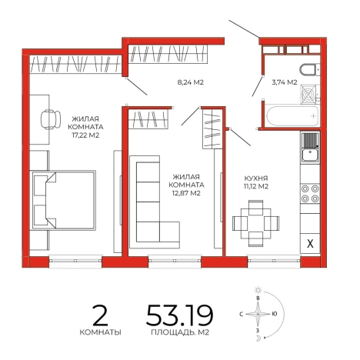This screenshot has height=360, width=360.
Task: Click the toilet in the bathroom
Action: coord(310,70)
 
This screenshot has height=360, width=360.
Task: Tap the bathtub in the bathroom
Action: coord(292,115)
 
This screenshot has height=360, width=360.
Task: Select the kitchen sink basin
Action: coord(310,155)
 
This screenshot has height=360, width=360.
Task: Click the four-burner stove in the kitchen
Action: coord(310,194)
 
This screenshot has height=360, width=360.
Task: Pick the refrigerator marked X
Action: coord(310,243)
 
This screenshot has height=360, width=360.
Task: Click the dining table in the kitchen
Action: coord(256,223)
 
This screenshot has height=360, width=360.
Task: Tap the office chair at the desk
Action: coord(51,119)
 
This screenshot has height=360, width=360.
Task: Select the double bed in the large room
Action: coord(64,200)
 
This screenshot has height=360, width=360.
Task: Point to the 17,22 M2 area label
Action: coord(85,135)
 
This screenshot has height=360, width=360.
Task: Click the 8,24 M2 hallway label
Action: coord(191,82)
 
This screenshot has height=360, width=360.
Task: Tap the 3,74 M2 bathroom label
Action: coord(285,82)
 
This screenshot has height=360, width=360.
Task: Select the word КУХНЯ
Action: coord(256,178)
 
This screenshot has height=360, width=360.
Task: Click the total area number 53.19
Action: coord(179,315)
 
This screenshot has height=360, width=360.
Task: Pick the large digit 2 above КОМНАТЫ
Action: coord(100,315)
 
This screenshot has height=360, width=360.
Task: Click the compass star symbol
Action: coord(258,314)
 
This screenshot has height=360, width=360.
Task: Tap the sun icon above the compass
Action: coord(258,290)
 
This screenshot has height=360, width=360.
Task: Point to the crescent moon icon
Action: coord(258,338)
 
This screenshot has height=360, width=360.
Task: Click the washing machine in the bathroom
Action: coord(309,94)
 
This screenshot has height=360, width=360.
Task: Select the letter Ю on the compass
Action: coord(275,314)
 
